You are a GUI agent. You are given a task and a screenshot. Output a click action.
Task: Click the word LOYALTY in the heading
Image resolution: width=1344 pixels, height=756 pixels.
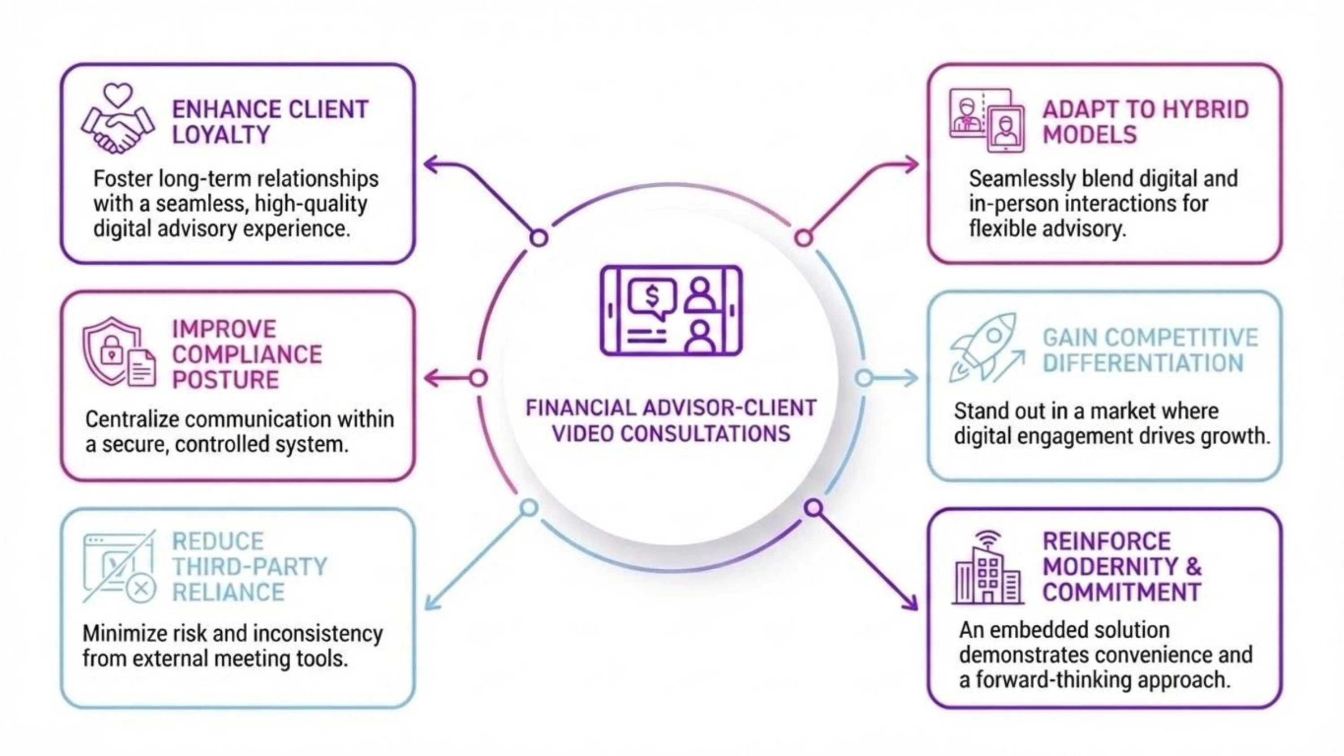point(221,135)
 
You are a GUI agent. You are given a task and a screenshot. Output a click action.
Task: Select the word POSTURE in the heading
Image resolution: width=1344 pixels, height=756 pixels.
point(225,380)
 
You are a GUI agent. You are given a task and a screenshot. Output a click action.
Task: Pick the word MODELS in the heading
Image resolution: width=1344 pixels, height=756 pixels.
point(1090,135)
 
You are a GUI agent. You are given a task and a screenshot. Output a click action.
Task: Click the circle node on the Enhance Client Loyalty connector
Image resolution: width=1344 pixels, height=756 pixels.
point(539,238)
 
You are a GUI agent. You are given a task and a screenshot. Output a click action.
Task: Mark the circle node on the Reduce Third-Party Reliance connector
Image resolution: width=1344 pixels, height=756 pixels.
point(529,507)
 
